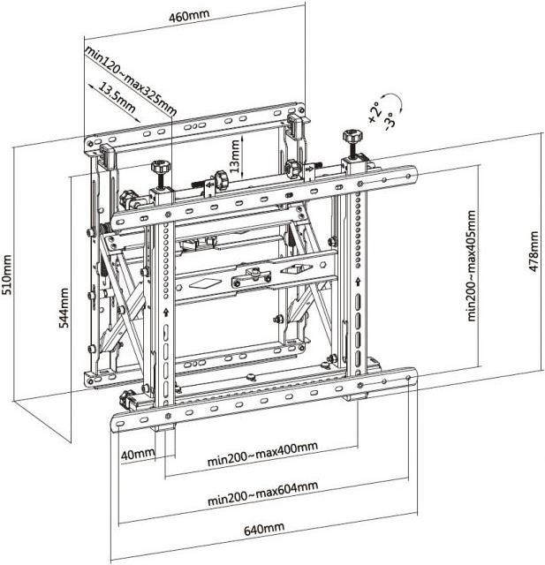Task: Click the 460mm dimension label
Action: pos(189,16)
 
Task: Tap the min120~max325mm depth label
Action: pos(131,80)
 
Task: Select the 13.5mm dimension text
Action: pos(117,98)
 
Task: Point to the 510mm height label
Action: pos(7,275)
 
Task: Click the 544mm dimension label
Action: pos(64,307)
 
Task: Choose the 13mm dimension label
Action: pos(234,155)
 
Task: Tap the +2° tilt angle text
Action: pos(375,112)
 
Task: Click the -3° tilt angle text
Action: pos(390,121)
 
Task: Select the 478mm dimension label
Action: pos(534,251)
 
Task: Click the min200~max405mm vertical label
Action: pos(472,266)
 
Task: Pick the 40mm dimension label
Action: pos(138,455)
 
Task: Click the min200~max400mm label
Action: pos(262,453)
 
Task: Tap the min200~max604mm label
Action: pos(262,493)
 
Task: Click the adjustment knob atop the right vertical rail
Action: pos(352,137)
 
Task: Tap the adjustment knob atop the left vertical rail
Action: pos(161,167)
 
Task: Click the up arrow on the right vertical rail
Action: pos(358,281)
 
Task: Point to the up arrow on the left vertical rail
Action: pos(166,312)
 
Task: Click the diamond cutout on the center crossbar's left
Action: pos(202,284)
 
